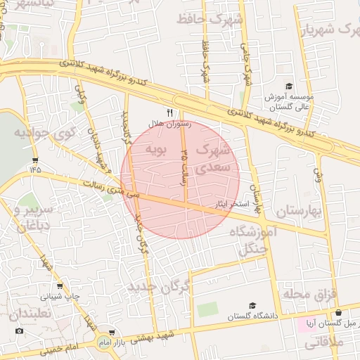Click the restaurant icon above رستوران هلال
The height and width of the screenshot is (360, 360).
[169, 112]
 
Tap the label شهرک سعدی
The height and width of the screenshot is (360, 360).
[214, 159]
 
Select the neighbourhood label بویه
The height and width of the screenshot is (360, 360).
[155, 150]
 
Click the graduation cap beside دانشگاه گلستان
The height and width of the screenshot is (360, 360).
[252, 306]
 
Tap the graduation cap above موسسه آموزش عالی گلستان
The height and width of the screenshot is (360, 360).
[289, 85]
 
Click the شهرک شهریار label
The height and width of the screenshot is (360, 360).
[329, 30]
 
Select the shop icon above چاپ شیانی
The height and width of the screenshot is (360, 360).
[59, 286]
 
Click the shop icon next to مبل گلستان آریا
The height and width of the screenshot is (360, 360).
[339, 314]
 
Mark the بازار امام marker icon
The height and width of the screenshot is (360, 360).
[112, 333]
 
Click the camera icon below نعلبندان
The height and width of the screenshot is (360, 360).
[19, 330]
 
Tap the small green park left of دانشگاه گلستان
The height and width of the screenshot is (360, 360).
[207, 309]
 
